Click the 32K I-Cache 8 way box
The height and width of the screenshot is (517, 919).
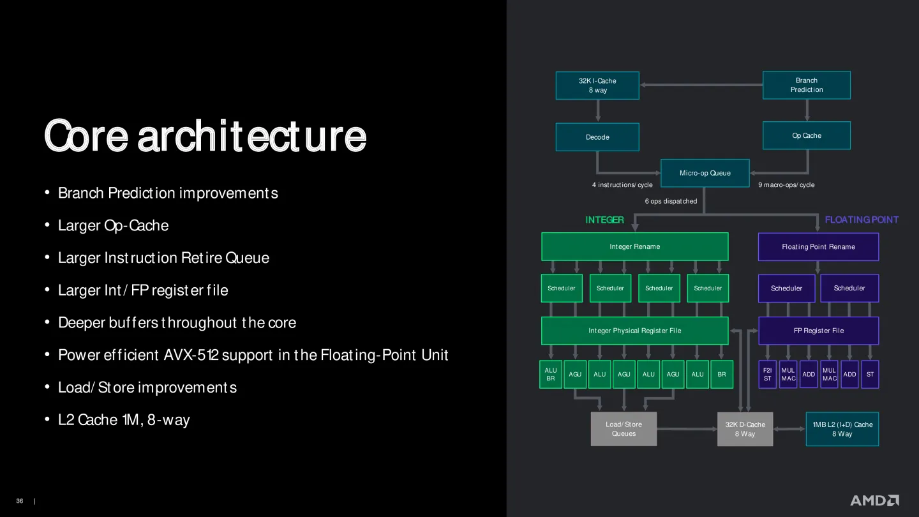coord(597,86)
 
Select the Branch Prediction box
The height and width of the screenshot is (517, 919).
coord(807,85)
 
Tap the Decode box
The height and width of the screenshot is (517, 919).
coord(597,137)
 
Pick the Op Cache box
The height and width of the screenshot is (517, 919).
coord(807,135)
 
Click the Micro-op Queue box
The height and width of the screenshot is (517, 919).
coord(705,173)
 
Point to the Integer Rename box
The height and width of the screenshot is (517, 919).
coord(634,246)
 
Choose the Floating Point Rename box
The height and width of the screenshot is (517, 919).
coord(818,247)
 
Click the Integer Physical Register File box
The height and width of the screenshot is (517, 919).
coord(634,331)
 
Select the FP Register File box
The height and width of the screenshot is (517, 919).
coord(818,331)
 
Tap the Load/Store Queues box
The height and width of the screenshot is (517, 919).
coord(624,429)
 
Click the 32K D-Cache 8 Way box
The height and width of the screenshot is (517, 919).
coord(745,429)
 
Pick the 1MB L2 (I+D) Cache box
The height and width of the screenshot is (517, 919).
coord(842,429)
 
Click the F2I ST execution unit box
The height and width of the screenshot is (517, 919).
coord(767,374)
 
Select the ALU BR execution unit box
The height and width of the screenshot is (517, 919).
coord(551,374)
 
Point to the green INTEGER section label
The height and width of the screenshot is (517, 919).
coord(604,220)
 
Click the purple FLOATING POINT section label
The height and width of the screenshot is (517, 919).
coord(862,220)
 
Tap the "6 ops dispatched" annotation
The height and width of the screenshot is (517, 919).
coord(671,201)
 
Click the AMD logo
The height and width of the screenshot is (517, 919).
coord(874,500)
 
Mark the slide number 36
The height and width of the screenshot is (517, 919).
coord(20,501)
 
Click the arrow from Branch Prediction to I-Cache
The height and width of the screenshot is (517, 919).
coord(701,85)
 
